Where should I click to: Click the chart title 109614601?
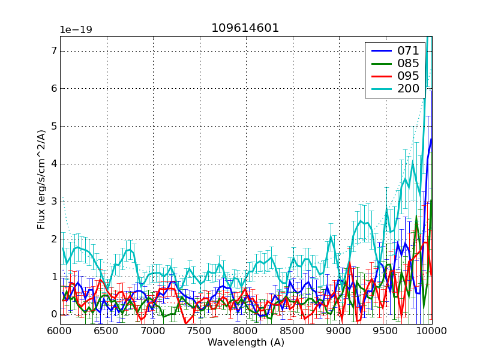(x=245, y=28)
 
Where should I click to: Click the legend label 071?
(x=408, y=51)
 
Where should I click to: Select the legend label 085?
(x=408, y=64)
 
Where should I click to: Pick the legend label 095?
(x=408, y=76)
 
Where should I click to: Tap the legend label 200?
(x=408, y=89)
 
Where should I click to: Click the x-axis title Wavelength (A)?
(x=246, y=343)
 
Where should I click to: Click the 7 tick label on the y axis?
(x=53, y=51)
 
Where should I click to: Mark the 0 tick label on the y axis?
(x=53, y=314)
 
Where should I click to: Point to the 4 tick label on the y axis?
(x=53, y=164)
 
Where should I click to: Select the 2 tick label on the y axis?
(x=53, y=239)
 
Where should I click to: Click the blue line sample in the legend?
(x=381, y=51)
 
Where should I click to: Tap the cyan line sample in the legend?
(x=381, y=89)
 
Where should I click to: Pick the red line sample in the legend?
(x=381, y=76)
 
